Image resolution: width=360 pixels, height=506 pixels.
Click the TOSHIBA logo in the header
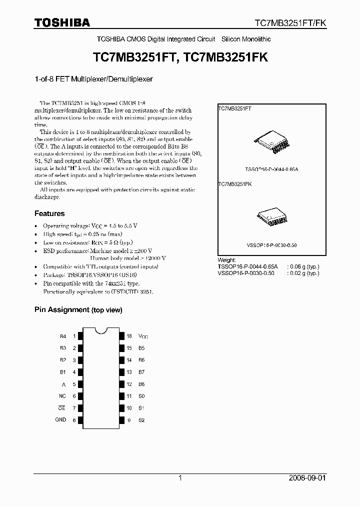(x=62, y=22)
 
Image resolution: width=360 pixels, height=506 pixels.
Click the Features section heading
(x=49, y=213)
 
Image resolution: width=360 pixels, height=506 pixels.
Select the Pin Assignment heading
(x=78, y=310)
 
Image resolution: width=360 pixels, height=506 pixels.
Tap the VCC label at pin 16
(x=143, y=336)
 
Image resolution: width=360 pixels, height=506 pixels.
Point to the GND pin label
(x=60, y=420)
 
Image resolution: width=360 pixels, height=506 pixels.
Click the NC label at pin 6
(x=62, y=396)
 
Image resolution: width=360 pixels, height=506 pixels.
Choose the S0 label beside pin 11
(x=141, y=396)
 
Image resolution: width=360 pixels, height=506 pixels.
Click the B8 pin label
(x=141, y=384)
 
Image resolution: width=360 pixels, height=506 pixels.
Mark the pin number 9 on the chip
(x=128, y=420)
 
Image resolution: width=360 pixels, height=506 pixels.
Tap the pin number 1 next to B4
(x=75, y=336)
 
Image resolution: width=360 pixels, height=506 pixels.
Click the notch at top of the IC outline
(x=102, y=329)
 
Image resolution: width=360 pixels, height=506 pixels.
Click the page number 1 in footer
(x=180, y=478)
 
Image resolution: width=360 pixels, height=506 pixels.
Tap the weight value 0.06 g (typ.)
(x=303, y=267)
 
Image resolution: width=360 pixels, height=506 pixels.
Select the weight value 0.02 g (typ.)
(x=303, y=273)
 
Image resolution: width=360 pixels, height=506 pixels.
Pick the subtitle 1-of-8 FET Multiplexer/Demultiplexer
(x=93, y=79)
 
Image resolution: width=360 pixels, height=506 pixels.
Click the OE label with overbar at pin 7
(x=62, y=408)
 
